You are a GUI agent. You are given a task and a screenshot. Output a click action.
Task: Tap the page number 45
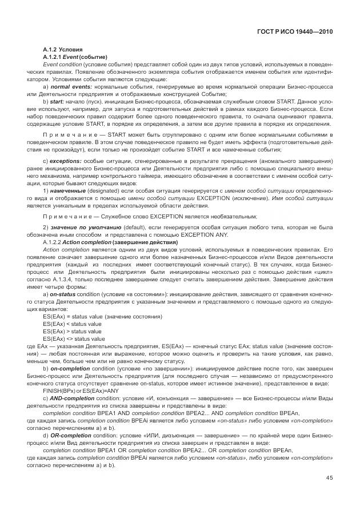click(x=329, y=479)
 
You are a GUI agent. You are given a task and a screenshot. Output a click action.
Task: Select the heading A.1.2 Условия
click(x=63, y=51)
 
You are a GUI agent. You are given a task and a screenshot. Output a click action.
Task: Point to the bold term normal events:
click(x=70, y=86)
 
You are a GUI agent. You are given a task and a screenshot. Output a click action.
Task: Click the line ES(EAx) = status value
click(x=102, y=316)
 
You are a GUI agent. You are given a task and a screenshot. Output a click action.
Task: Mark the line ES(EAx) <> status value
click(x=74, y=339)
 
